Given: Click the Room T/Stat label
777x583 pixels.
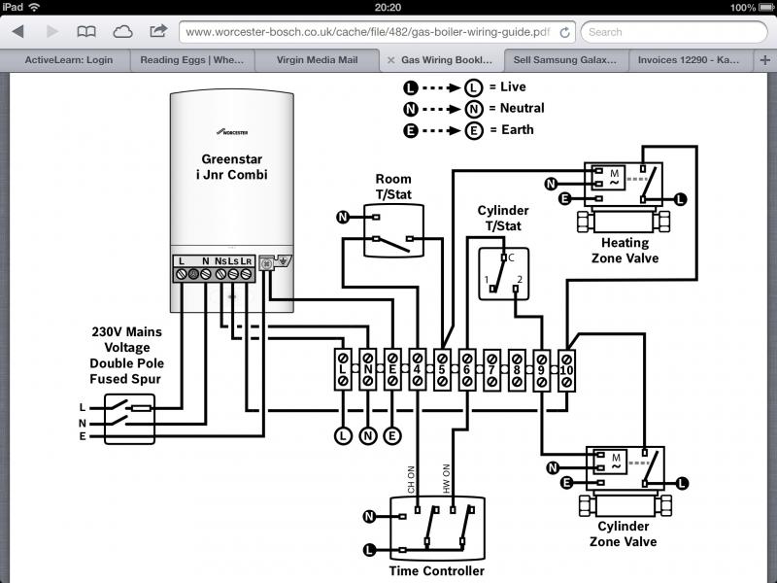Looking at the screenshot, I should tap(393, 186).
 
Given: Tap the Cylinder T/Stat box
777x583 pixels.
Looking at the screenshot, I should tap(504, 273).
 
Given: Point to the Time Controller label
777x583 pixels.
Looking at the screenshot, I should tap(436, 570).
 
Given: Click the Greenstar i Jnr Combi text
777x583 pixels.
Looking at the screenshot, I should tap(233, 166).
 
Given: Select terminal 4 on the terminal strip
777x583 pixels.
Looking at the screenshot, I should tap(417, 369).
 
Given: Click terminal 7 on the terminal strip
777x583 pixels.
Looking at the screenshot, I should tap(492, 369).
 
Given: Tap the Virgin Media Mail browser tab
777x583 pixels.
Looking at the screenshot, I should tap(313, 60).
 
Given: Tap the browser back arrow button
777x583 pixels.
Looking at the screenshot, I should tap(17, 32).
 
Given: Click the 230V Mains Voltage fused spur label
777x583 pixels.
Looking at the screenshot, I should tap(128, 355).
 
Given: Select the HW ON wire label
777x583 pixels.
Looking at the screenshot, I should tap(448, 476).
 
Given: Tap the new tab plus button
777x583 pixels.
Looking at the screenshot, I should tap(764, 60).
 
